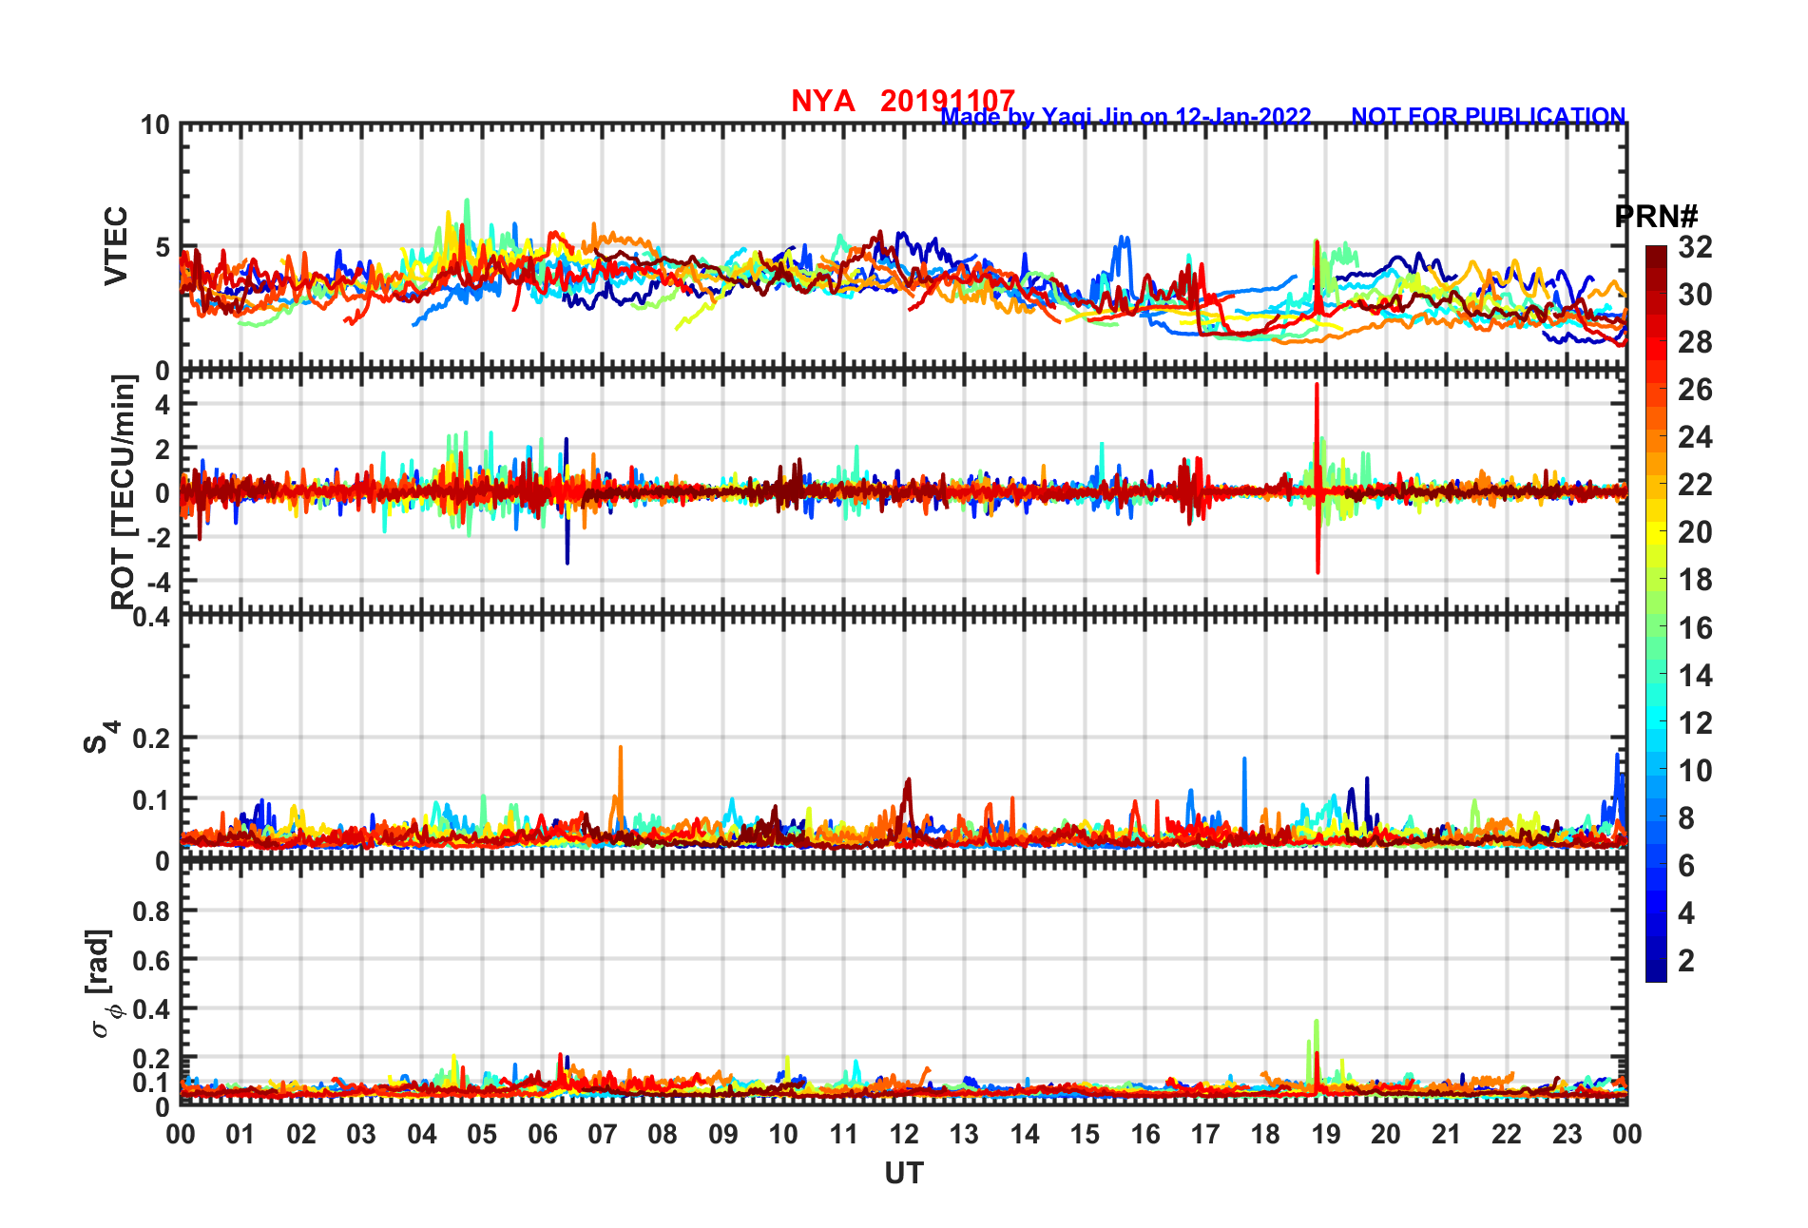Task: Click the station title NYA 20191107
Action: [x=902, y=101]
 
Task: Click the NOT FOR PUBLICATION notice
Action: [x=1488, y=116]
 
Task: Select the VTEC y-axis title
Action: [x=116, y=245]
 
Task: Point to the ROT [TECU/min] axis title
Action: [x=124, y=491]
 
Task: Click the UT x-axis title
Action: [x=903, y=1174]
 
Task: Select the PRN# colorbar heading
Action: [x=1656, y=217]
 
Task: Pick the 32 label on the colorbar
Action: [x=1695, y=247]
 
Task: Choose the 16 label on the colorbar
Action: [x=1695, y=628]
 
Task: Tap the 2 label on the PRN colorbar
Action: [x=1686, y=961]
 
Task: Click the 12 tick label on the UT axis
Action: [x=903, y=1134]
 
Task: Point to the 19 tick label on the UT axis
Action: [x=1325, y=1134]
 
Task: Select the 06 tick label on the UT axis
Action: [x=542, y=1134]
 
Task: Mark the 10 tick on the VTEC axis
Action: [x=155, y=125]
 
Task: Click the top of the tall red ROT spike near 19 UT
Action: [x=1317, y=385]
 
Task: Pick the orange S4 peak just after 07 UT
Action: [x=621, y=748]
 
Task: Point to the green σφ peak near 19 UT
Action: [x=1316, y=1022]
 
